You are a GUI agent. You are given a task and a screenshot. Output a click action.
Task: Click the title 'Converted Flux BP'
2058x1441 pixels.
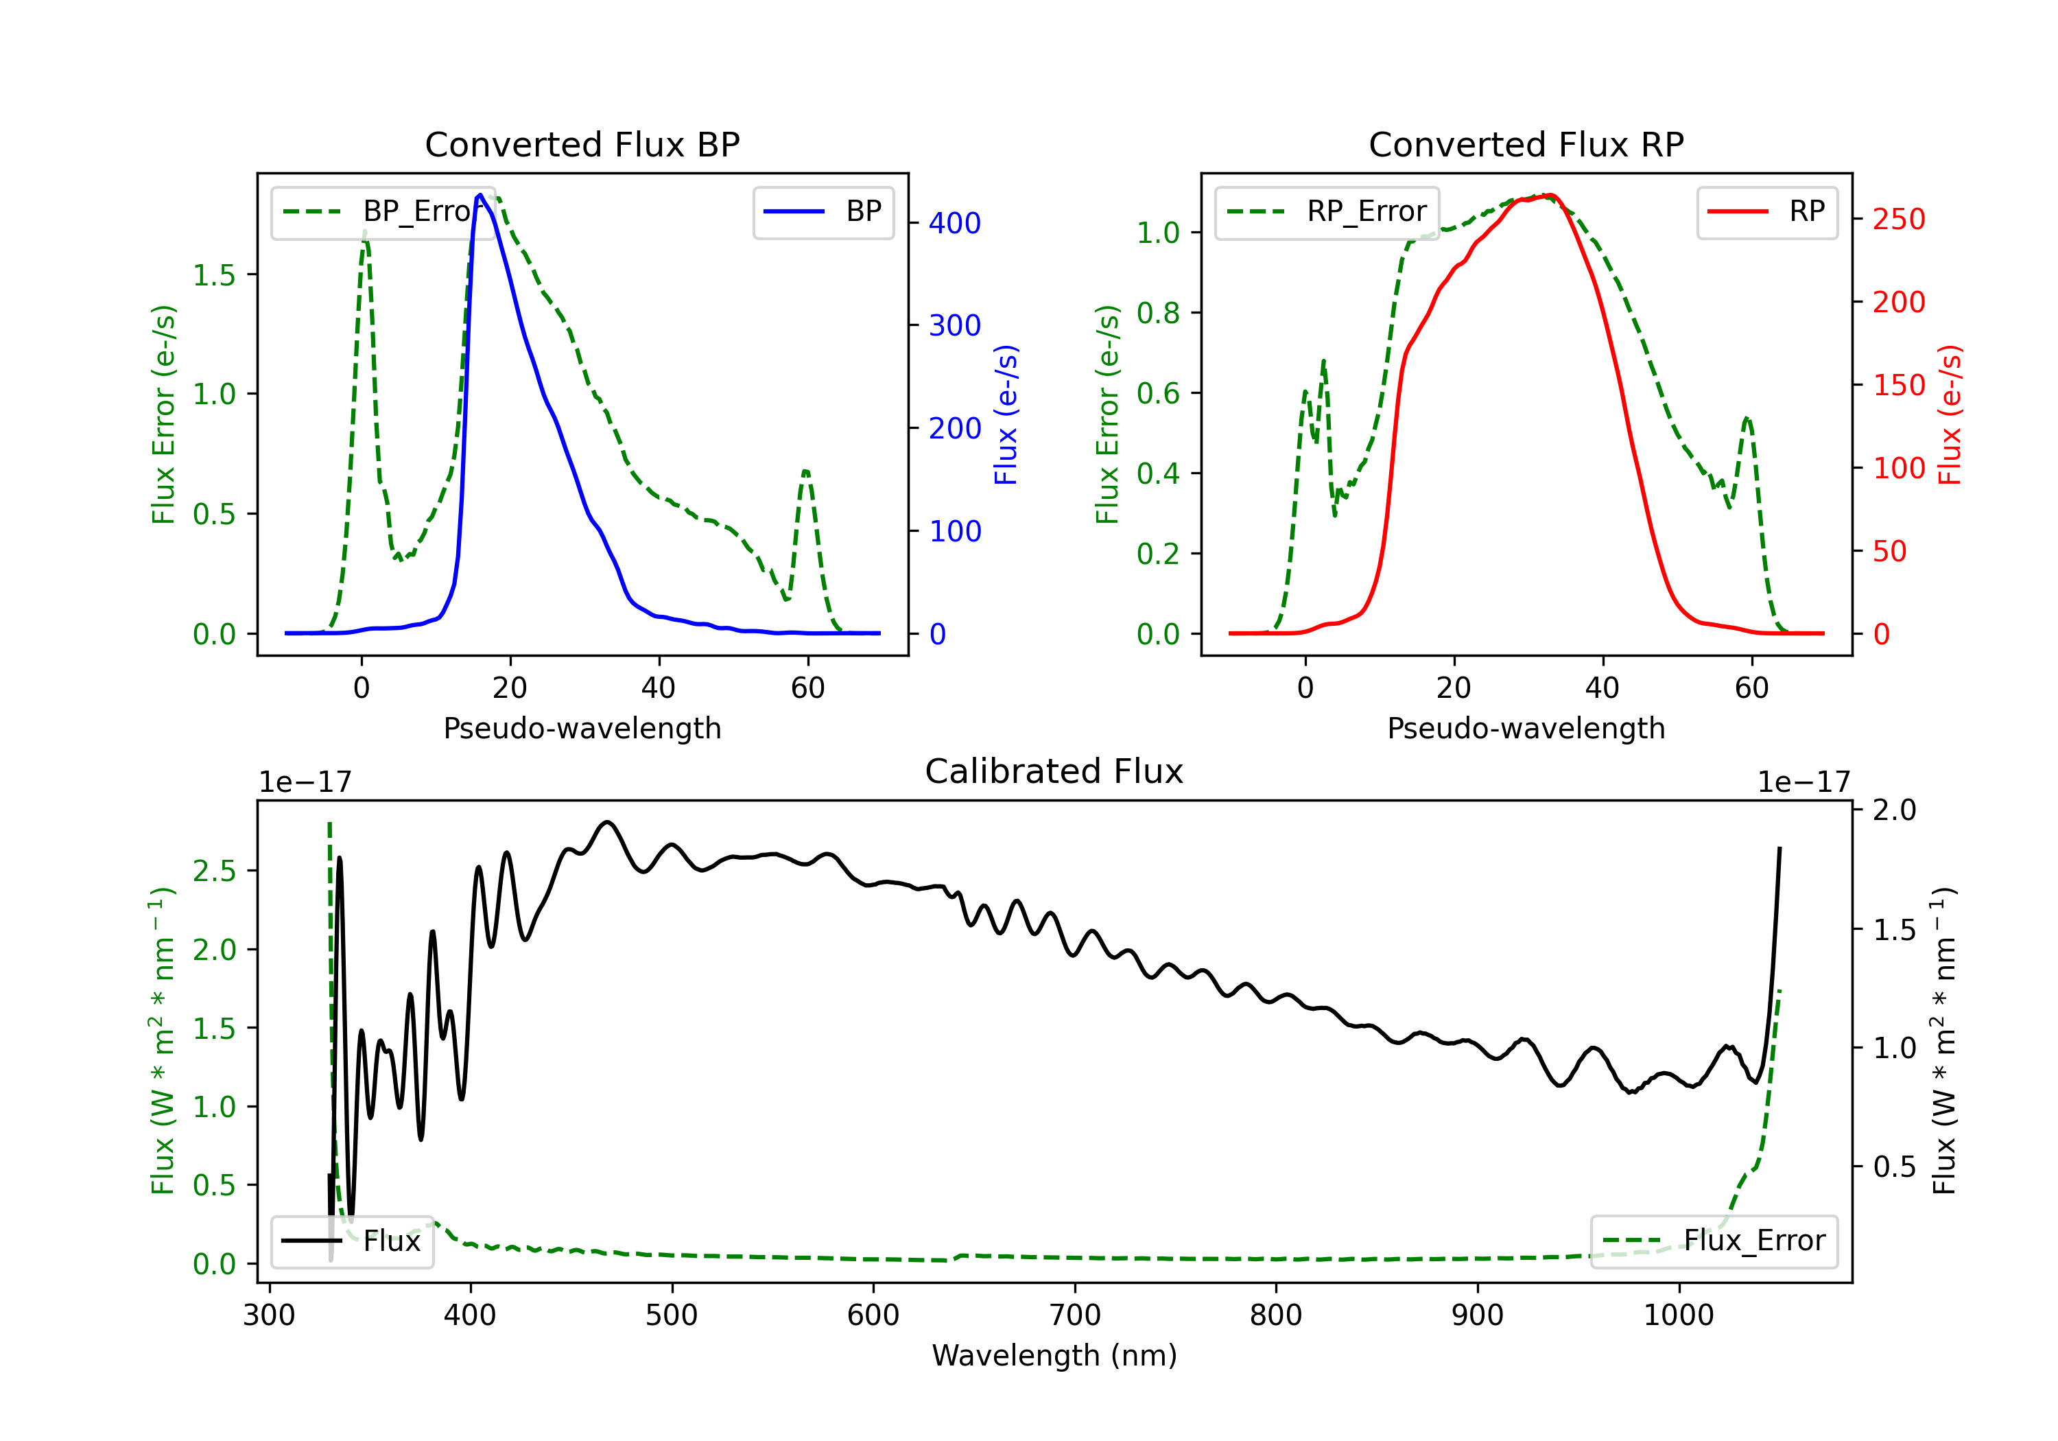click(x=582, y=144)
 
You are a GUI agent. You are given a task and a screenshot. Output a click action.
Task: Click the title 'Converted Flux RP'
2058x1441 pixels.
click(x=1526, y=144)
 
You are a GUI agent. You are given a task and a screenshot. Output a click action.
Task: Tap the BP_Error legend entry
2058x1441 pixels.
click(x=383, y=211)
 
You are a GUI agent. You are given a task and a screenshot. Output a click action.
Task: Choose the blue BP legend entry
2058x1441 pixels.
click(x=823, y=211)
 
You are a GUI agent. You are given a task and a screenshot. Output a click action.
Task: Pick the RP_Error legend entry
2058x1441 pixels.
click(x=1327, y=211)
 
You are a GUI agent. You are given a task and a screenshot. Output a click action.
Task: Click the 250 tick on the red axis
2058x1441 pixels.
click(x=1898, y=219)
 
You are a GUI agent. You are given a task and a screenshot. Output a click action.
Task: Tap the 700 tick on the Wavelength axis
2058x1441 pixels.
click(x=1075, y=1315)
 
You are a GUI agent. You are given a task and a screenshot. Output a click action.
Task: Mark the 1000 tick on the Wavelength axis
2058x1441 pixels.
click(x=1678, y=1315)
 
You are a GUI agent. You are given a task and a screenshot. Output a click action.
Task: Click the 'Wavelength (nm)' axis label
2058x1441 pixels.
click(x=1054, y=1355)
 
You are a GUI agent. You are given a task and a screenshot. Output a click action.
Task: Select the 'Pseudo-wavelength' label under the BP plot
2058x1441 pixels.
click(x=582, y=728)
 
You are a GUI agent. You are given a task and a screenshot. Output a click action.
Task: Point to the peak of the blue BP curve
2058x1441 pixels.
click(x=480, y=195)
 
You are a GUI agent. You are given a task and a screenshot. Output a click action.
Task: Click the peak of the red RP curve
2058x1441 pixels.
click(x=1549, y=195)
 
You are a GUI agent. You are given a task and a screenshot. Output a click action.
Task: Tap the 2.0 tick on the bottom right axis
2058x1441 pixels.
click(x=1894, y=810)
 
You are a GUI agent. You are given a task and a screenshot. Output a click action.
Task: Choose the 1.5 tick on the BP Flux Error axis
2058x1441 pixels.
click(x=214, y=274)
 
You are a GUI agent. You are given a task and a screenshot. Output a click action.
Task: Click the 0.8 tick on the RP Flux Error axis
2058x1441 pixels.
click(x=1158, y=313)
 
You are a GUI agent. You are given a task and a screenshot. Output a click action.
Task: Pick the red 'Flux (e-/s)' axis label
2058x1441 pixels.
click(x=1950, y=414)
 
